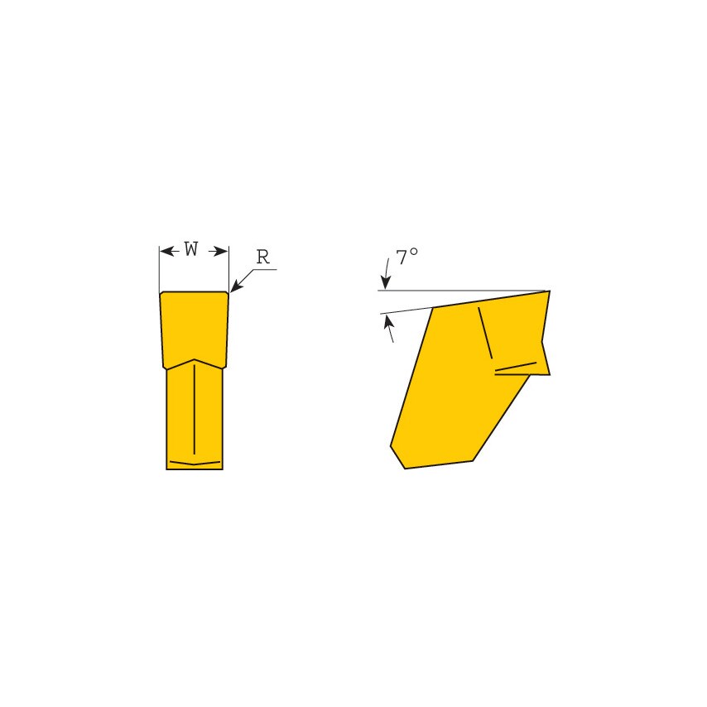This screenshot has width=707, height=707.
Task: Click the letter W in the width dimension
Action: (x=191, y=249)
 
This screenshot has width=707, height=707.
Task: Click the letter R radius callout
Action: (x=262, y=257)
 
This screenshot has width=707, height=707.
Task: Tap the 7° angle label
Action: (x=406, y=257)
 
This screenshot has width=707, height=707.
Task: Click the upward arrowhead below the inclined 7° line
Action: (x=387, y=321)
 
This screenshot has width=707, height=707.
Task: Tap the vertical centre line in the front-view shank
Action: (x=194, y=410)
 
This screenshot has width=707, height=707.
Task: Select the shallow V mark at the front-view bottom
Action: (x=195, y=462)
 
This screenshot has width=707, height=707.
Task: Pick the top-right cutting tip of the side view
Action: (x=548, y=292)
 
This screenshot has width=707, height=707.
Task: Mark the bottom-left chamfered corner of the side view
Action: (x=397, y=456)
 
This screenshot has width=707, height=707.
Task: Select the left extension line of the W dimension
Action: (x=159, y=269)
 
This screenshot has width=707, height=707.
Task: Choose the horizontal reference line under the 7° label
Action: (x=464, y=291)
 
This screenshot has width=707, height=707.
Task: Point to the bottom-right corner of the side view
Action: (x=473, y=460)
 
